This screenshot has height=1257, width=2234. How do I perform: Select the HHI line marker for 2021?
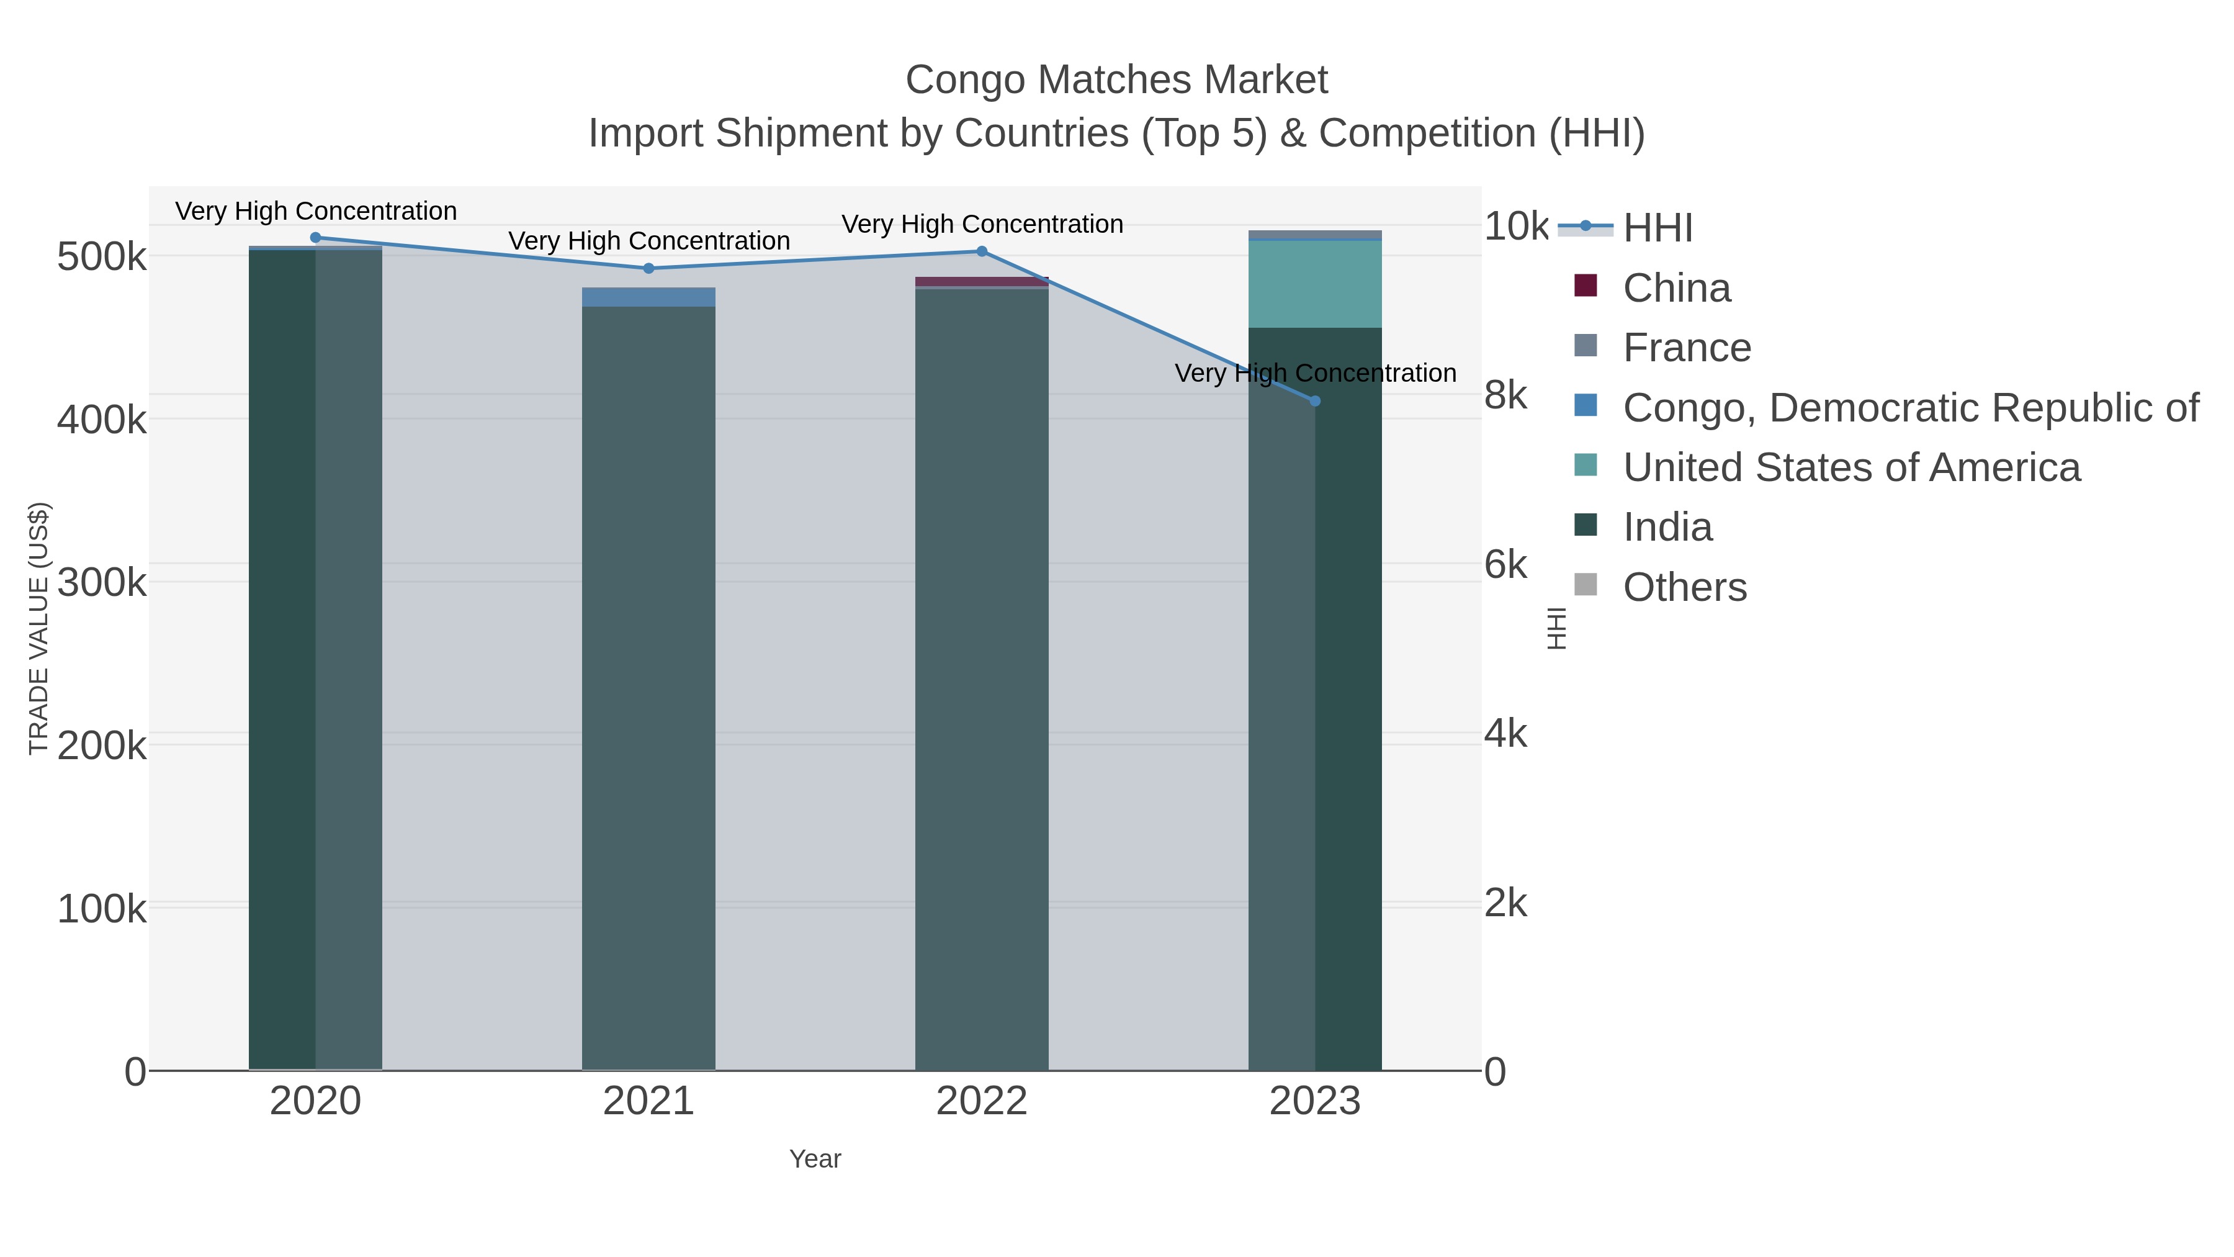click(648, 268)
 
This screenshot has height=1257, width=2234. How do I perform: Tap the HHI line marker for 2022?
click(982, 251)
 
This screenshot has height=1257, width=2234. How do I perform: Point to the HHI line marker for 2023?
click(1315, 401)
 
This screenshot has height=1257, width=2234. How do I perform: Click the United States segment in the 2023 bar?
click(1315, 284)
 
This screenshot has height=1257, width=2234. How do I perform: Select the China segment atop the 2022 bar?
click(982, 282)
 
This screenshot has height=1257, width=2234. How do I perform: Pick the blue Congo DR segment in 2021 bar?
click(648, 297)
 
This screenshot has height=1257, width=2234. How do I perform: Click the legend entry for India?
click(1667, 528)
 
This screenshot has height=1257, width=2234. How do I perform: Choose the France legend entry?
click(1686, 348)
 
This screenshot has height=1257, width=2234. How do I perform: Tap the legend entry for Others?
click(1684, 587)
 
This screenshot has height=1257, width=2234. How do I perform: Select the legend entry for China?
click(1675, 288)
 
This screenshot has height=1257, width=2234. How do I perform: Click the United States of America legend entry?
click(1850, 467)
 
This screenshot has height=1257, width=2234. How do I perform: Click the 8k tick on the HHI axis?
click(1505, 395)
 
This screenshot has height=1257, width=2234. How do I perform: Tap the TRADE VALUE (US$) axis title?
click(39, 628)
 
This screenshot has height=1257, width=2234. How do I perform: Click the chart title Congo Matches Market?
click(1116, 80)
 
